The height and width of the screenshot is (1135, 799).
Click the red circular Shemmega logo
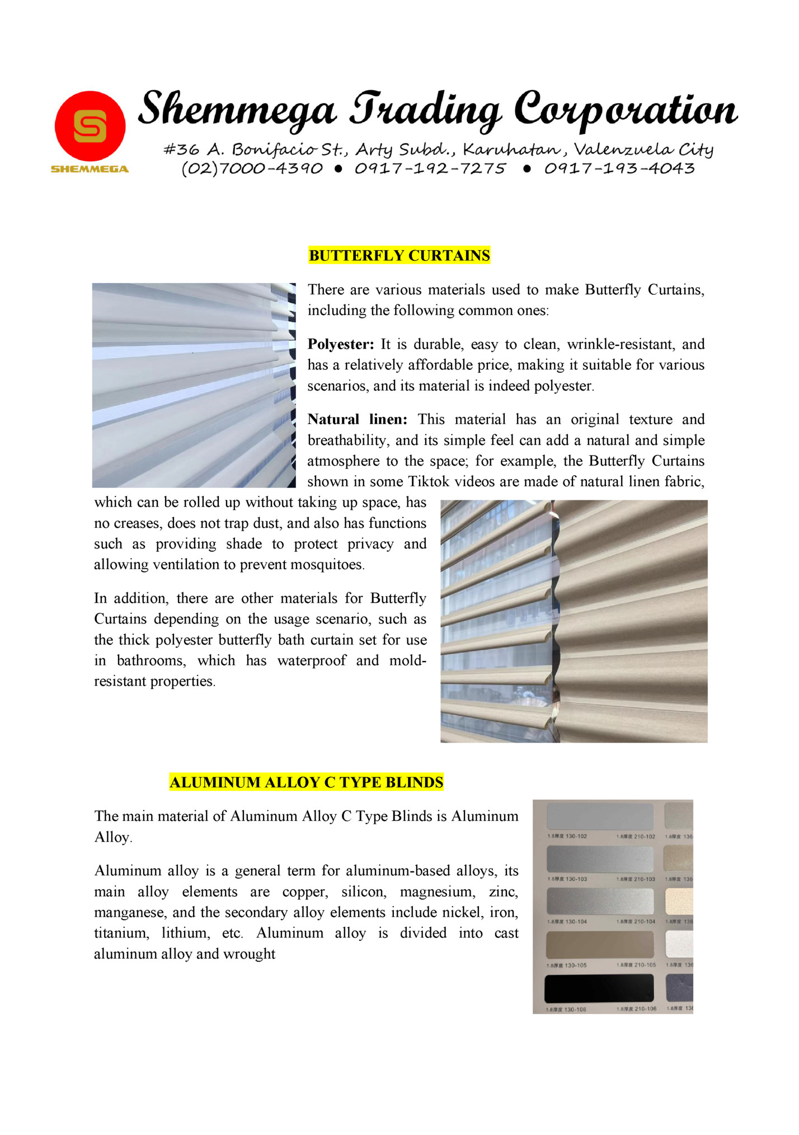click(90, 126)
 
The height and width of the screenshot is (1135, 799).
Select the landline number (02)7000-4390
click(252, 168)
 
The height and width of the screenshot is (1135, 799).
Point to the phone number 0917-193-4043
click(619, 168)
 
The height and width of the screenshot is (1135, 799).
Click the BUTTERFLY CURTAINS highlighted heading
click(399, 256)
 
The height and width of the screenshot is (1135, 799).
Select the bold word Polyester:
click(340, 344)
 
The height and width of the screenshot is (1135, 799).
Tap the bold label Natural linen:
click(357, 419)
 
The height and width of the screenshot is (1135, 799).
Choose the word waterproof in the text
click(311, 660)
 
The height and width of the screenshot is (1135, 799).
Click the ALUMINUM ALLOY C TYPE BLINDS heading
click(306, 782)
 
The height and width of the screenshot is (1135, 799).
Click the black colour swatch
click(599, 988)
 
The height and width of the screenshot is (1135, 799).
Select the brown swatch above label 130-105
click(599, 944)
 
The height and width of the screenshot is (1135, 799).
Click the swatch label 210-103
click(636, 879)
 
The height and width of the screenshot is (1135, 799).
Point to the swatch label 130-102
click(567, 836)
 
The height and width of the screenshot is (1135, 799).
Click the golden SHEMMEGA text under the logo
click(90, 169)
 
